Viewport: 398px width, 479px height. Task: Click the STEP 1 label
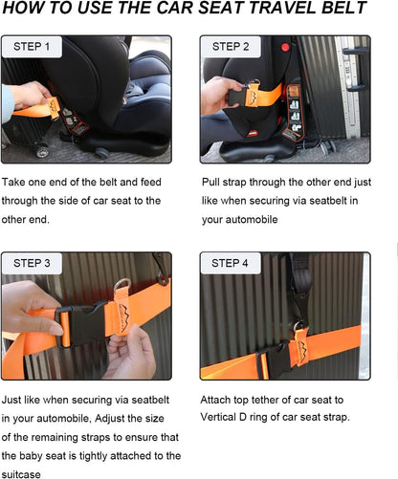33,47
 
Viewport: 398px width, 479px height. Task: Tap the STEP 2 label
231,47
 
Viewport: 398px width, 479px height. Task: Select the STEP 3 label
33,263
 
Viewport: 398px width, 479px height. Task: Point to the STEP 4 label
231,263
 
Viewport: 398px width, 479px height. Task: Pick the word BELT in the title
342,10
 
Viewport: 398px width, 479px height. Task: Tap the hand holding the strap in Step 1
29,96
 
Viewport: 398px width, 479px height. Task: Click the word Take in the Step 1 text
15,182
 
